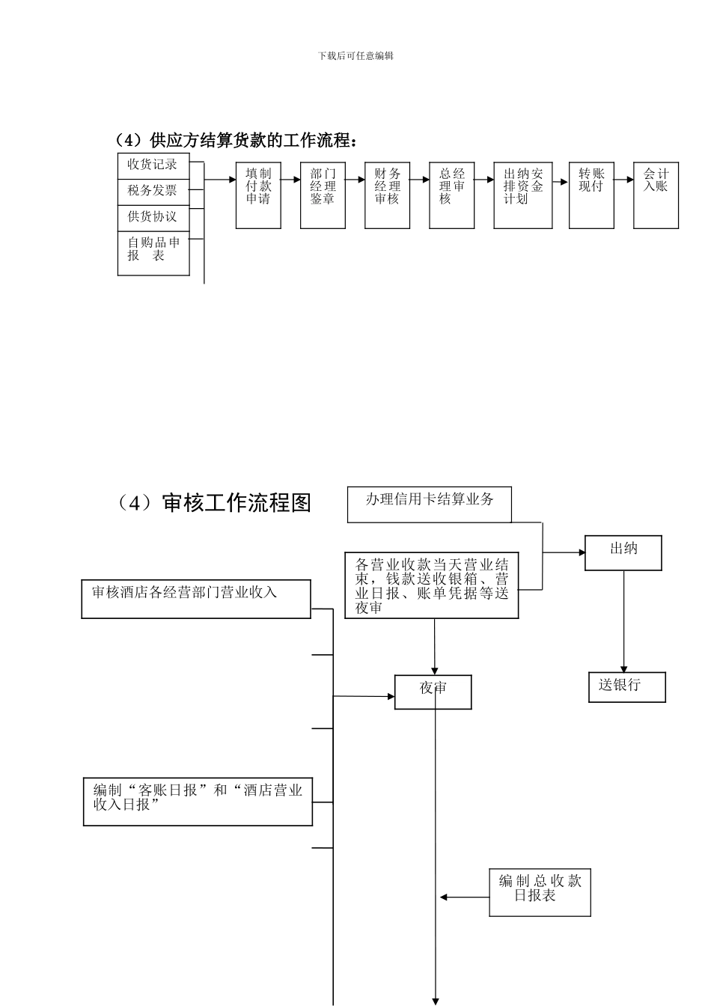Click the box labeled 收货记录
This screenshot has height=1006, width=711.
click(x=153, y=165)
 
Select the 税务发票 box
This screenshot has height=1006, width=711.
click(x=153, y=192)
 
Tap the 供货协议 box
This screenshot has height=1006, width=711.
click(x=153, y=217)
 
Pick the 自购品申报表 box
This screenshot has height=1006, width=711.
click(x=153, y=252)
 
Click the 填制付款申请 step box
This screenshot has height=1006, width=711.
click(x=258, y=195)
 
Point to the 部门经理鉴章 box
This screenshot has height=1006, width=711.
click(x=323, y=195)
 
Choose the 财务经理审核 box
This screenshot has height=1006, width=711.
click(x=387, y=195)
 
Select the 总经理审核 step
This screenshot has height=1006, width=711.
click(x=451, y=195)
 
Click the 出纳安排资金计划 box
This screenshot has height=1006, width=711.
click(x=522, y=195)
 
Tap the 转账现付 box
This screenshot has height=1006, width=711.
click(x=591, y=195)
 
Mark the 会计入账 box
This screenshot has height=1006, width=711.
click(x=656, y=195)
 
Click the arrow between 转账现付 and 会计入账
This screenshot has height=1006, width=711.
click(x=624, y=180)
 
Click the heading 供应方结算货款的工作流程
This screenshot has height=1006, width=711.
click(x=237, y=140)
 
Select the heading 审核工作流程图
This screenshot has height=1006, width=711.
click(x=214, y=503)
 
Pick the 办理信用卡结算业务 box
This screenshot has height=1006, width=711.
click(x=429, y=504)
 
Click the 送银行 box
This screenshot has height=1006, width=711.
click(x=626, y=686)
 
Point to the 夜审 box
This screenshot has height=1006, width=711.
click(x=433, y=692)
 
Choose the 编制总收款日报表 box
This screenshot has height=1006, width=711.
click(x=540, y=892)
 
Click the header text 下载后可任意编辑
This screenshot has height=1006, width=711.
click(x=355, y=55)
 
